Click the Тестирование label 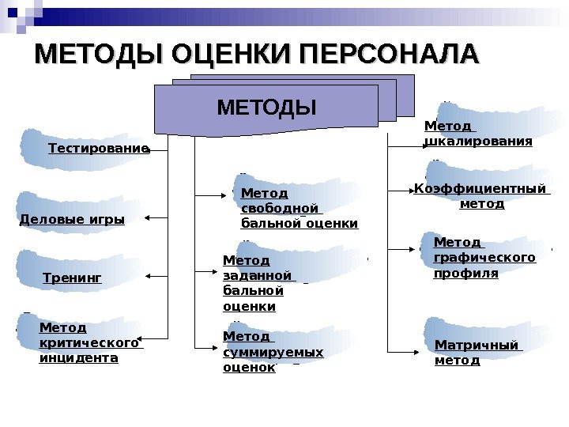(x=99, y=149)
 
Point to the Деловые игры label (x=72, y=220)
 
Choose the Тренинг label (x=73, y=278)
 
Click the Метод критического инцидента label (x=89, y=342)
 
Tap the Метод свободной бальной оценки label (x=299, y=208)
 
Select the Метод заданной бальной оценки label (x=259, y=282)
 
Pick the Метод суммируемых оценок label (x=273, y=352)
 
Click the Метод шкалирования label (x=478, y=134)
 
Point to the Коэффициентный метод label (x=481, y=195)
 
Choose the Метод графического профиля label (x=484, y=257)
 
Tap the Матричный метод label (x=477, y=353)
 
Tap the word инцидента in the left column (x=79, y=358)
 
